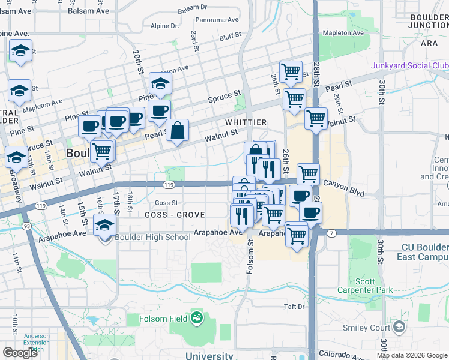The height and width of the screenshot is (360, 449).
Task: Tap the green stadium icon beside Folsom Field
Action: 196,319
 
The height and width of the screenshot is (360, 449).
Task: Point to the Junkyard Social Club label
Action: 410,65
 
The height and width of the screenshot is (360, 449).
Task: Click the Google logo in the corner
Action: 20,352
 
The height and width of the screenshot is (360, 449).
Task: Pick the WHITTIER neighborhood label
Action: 246,122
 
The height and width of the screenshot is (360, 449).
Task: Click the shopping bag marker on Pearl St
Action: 178,131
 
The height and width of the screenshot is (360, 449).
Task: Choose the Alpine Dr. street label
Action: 165,26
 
